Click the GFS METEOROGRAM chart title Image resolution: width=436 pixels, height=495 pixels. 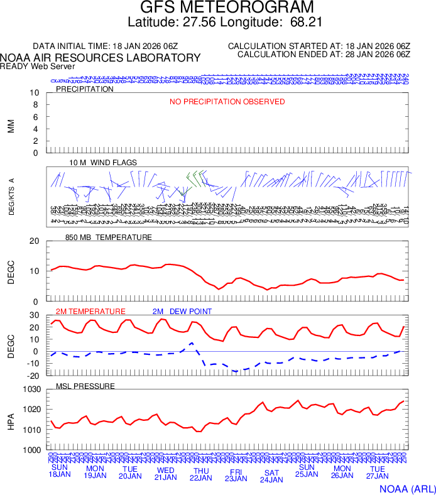point(218,8)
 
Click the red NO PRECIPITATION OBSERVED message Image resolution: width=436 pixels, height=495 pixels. point(227,102)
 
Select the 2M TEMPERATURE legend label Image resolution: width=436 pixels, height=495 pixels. point(90,312)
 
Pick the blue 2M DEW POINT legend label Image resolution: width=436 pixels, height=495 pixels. point(182,312)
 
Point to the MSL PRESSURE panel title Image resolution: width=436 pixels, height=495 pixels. point(85,386)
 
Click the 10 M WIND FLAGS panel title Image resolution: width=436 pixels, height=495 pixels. point(103,163)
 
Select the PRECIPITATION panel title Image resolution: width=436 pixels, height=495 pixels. point(85,89)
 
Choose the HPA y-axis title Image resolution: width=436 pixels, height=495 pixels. point(11,420)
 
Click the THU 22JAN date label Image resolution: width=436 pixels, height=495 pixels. point(201,474)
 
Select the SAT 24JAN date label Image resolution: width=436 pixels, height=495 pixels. point(271,476)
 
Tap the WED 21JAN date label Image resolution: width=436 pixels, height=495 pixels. point(166,474)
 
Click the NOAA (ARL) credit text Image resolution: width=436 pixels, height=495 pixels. point(406,488)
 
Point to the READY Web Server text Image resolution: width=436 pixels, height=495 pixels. point(37,66)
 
